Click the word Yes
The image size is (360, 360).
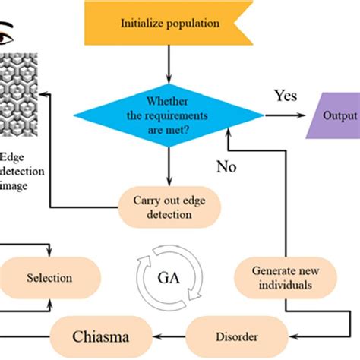tap(285, 97)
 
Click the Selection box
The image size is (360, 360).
tap(49, 279)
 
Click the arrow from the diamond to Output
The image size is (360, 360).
tap(285, 115)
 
